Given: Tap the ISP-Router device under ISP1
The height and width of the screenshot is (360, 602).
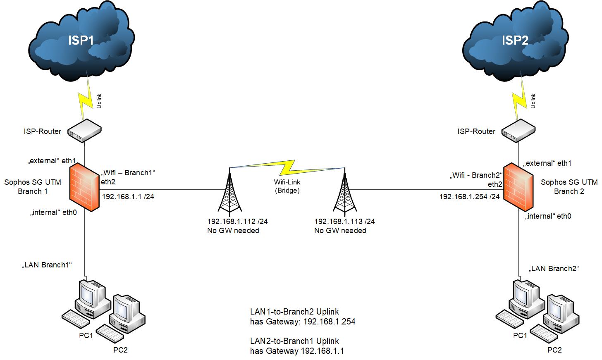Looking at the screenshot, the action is coord(84,131).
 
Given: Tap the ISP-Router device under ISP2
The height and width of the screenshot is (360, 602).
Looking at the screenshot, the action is coord(518,131).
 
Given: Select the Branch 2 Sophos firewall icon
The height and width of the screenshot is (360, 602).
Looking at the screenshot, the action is coord(518,187).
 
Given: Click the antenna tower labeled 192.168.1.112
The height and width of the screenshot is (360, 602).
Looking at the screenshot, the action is coord(229,192).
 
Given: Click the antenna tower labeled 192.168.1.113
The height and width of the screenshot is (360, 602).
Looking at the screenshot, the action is coord(345,192).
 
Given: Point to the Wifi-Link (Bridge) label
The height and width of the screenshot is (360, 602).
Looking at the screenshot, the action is coord(287,186).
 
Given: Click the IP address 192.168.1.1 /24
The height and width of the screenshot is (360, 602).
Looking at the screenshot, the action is coord(128,197).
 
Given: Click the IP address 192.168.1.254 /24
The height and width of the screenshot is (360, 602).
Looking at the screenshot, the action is coord(469,197).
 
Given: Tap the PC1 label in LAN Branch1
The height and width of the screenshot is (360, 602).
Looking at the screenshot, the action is coord(86,336).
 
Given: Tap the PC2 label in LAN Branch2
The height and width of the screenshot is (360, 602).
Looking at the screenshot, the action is coord(554,350).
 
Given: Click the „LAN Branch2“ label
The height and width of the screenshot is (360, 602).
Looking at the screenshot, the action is coord(554,269).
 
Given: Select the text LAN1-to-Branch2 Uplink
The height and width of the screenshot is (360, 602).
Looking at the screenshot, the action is coord(294,312).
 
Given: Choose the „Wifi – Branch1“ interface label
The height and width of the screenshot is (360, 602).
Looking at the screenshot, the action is coord(128,172).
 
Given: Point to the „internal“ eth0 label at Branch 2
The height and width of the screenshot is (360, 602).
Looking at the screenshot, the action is coord(548,216).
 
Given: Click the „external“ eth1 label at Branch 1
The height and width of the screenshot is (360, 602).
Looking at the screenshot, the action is coord(52,161).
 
